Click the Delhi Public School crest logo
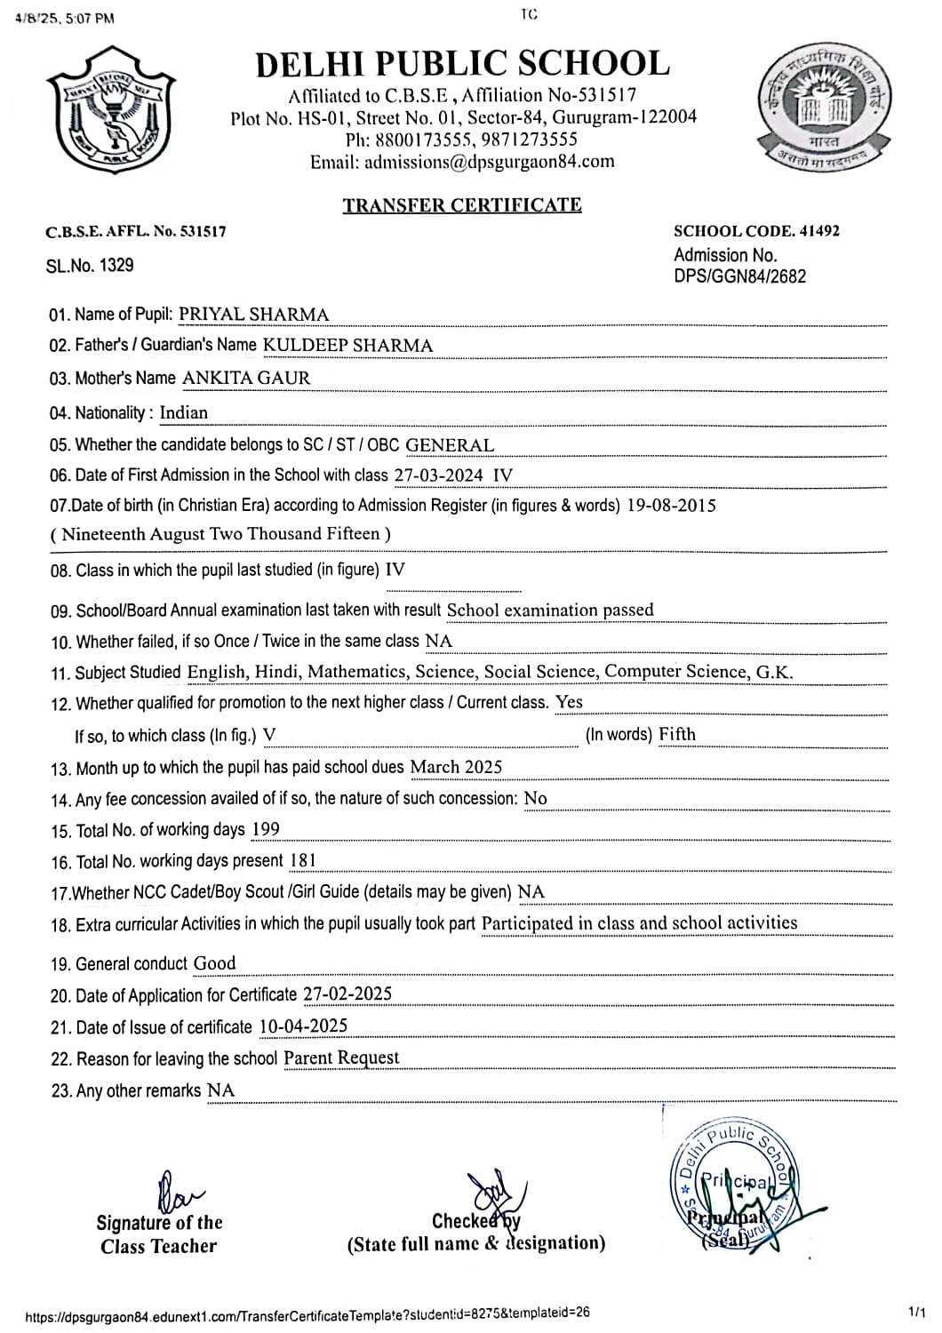pos(111,109)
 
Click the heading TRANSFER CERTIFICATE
pos(462,205)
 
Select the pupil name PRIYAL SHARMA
pos(253,315)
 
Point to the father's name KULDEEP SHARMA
pos(347,346)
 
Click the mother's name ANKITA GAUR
pos(246,378)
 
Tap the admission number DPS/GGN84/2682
pos(739,276)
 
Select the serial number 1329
pos(116,265)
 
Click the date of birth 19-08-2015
pos(671,506)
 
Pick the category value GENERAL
pos(450,445)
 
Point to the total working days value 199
pos(266,830)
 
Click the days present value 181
pos(302,860)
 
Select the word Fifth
pos(677,734)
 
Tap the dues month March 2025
pos(456,767)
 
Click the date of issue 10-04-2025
pos(303,1026)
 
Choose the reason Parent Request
pos(341,1058)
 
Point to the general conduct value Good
pos(215,963)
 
